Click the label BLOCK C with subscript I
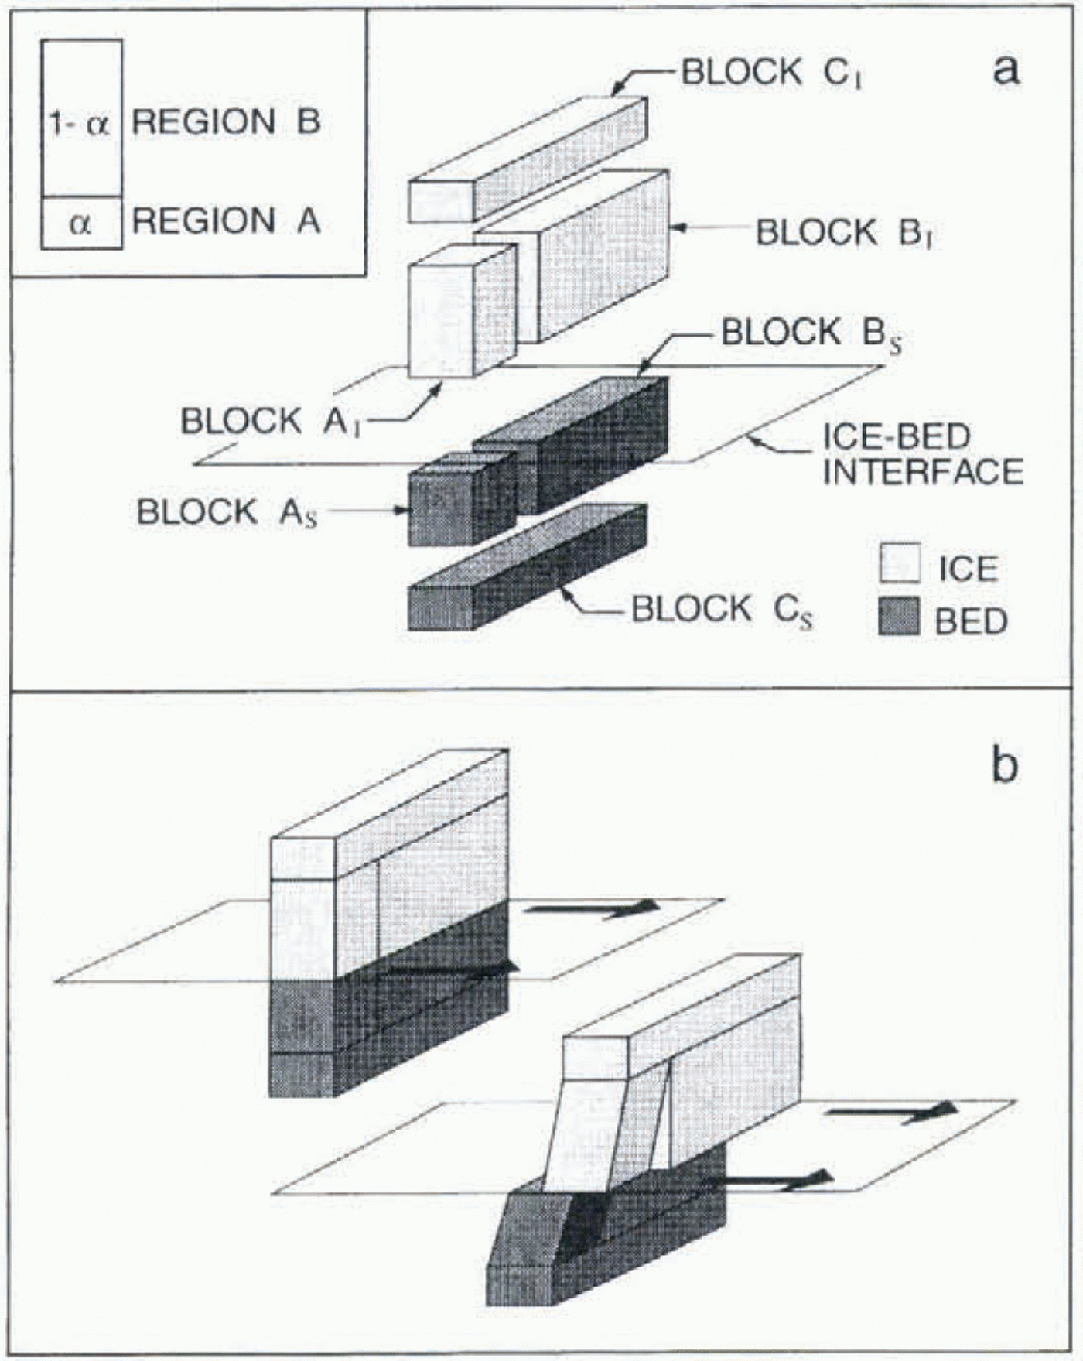point(770,74)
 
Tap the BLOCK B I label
point(843,232)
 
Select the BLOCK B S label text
point(810,334)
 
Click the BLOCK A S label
point(227,512)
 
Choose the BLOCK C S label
point(721,610)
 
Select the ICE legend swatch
point(900,563)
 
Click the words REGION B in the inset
point(226,122)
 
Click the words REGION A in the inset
point(226,221)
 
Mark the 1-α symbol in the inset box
point(80,124)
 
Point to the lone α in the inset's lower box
point(80,224)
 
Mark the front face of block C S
point(439,609)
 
